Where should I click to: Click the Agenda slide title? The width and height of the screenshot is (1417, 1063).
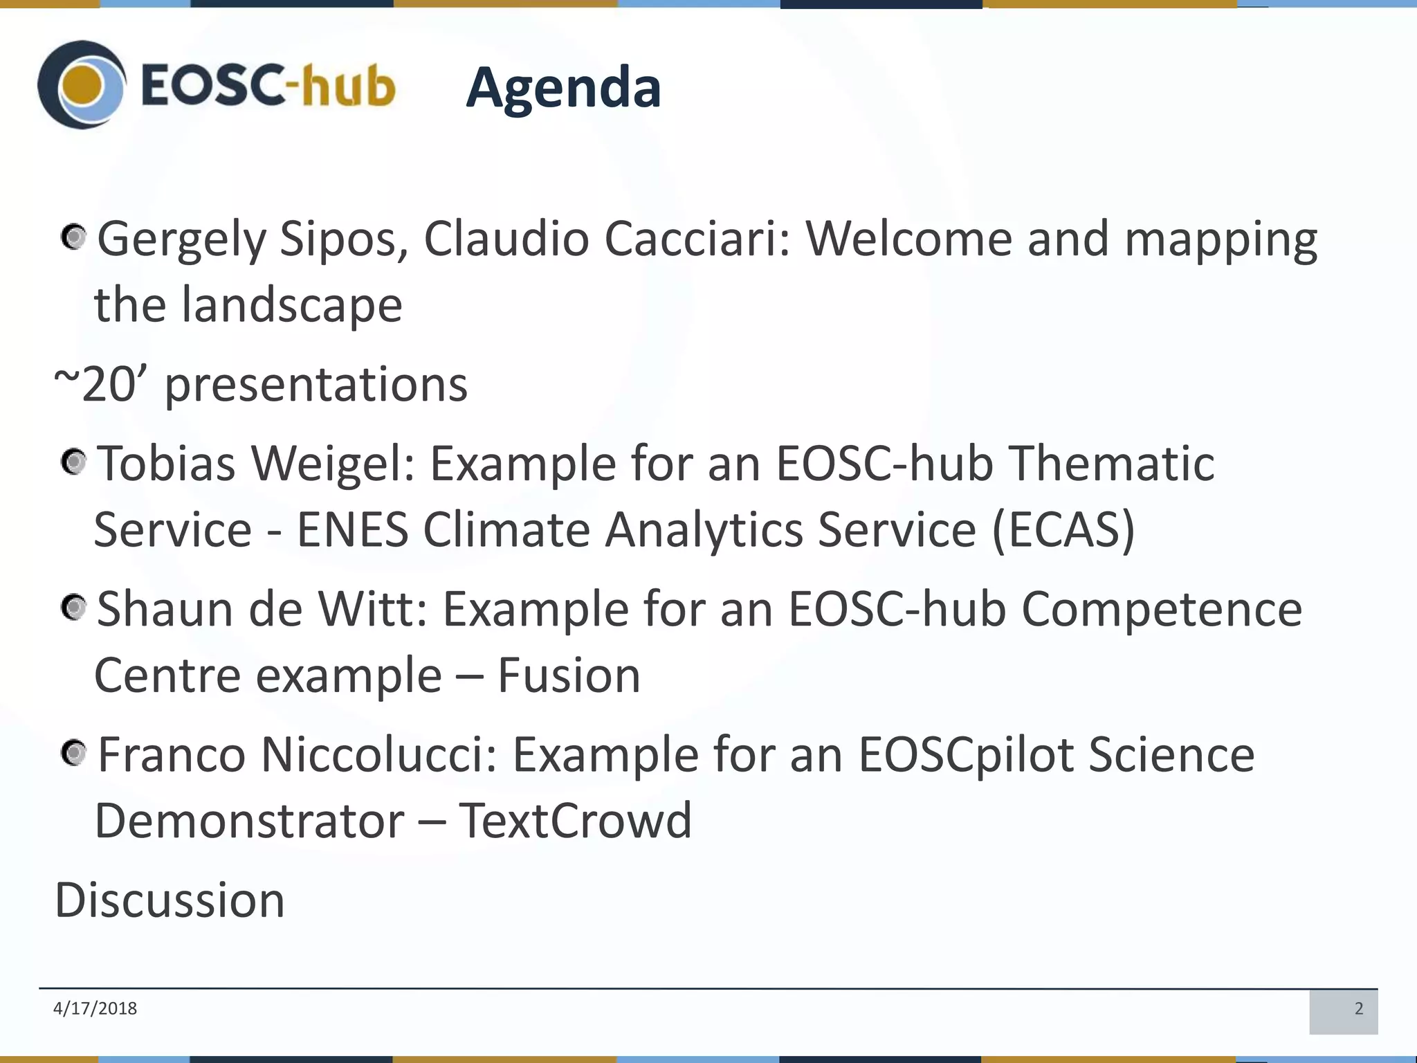[x=563, y=88]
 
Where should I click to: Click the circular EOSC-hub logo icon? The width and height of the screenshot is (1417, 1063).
[x=82, y=85]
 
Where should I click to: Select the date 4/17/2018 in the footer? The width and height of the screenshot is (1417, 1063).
[x=95, y=1008]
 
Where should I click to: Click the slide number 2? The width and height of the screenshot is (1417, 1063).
[x=1358, y=1009]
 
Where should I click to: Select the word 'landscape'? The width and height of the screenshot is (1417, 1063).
[x=291, y=305]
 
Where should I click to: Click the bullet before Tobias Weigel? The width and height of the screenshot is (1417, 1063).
[x=73, y=462]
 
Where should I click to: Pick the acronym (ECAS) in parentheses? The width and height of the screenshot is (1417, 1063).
[x=1063, y=530]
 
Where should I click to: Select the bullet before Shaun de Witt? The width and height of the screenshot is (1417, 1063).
[x=73, y=608]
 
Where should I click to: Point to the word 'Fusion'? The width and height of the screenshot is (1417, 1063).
[x=569, y=676]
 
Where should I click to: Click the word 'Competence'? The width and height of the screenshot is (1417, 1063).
[x=1162, y=610]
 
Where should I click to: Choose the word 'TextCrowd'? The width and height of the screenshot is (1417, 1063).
[x=575, y=821]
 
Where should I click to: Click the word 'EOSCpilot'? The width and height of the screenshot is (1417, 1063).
[x=967, y=755]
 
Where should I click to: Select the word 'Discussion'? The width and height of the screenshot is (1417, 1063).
[x=170, y=900]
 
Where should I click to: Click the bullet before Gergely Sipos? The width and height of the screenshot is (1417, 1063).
[x=73, y=238]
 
